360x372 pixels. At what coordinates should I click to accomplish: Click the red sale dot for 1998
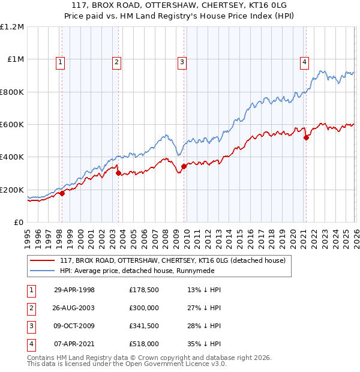[x=62, y=193]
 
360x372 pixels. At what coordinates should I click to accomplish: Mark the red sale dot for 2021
[x=306, y=138]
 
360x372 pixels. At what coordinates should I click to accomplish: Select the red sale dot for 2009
[x=184, y=167]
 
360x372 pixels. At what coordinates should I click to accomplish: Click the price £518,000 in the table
[x=144, y=344]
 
